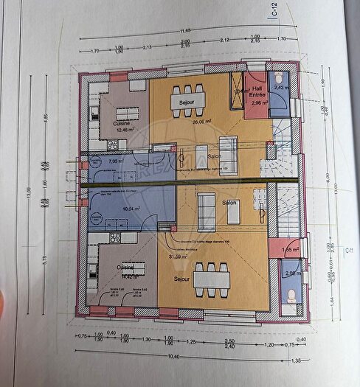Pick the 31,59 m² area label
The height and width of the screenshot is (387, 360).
[x=180, y=257]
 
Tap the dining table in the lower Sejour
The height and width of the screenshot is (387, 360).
[x=207, y=280]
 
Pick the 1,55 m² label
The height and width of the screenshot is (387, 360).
[x=291, y=251]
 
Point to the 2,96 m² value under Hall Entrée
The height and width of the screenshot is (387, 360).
[x=257, y=104]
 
